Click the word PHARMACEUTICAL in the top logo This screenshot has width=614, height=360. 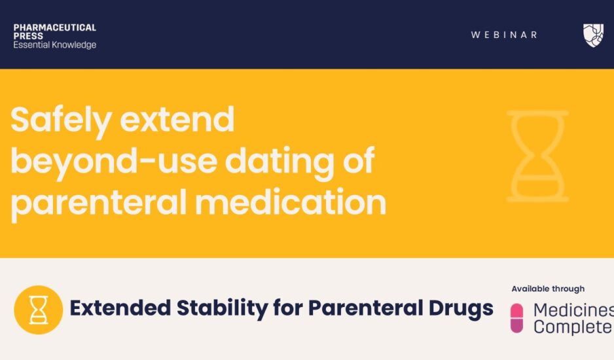(x=54, y=27)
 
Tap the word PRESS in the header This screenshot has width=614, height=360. (x=28, y=36)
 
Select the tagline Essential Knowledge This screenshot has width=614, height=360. (x=54, y=45)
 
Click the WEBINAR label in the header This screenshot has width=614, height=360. (x=504, y=35)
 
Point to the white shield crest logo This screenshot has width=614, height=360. (x=593, y=35)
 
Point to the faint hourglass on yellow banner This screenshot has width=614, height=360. (x=537, y=156)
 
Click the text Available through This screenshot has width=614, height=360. (x=548, y=289)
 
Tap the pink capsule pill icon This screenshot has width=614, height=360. (x=517, y=318)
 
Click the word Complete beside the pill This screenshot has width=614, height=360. (x=572, y=327)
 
